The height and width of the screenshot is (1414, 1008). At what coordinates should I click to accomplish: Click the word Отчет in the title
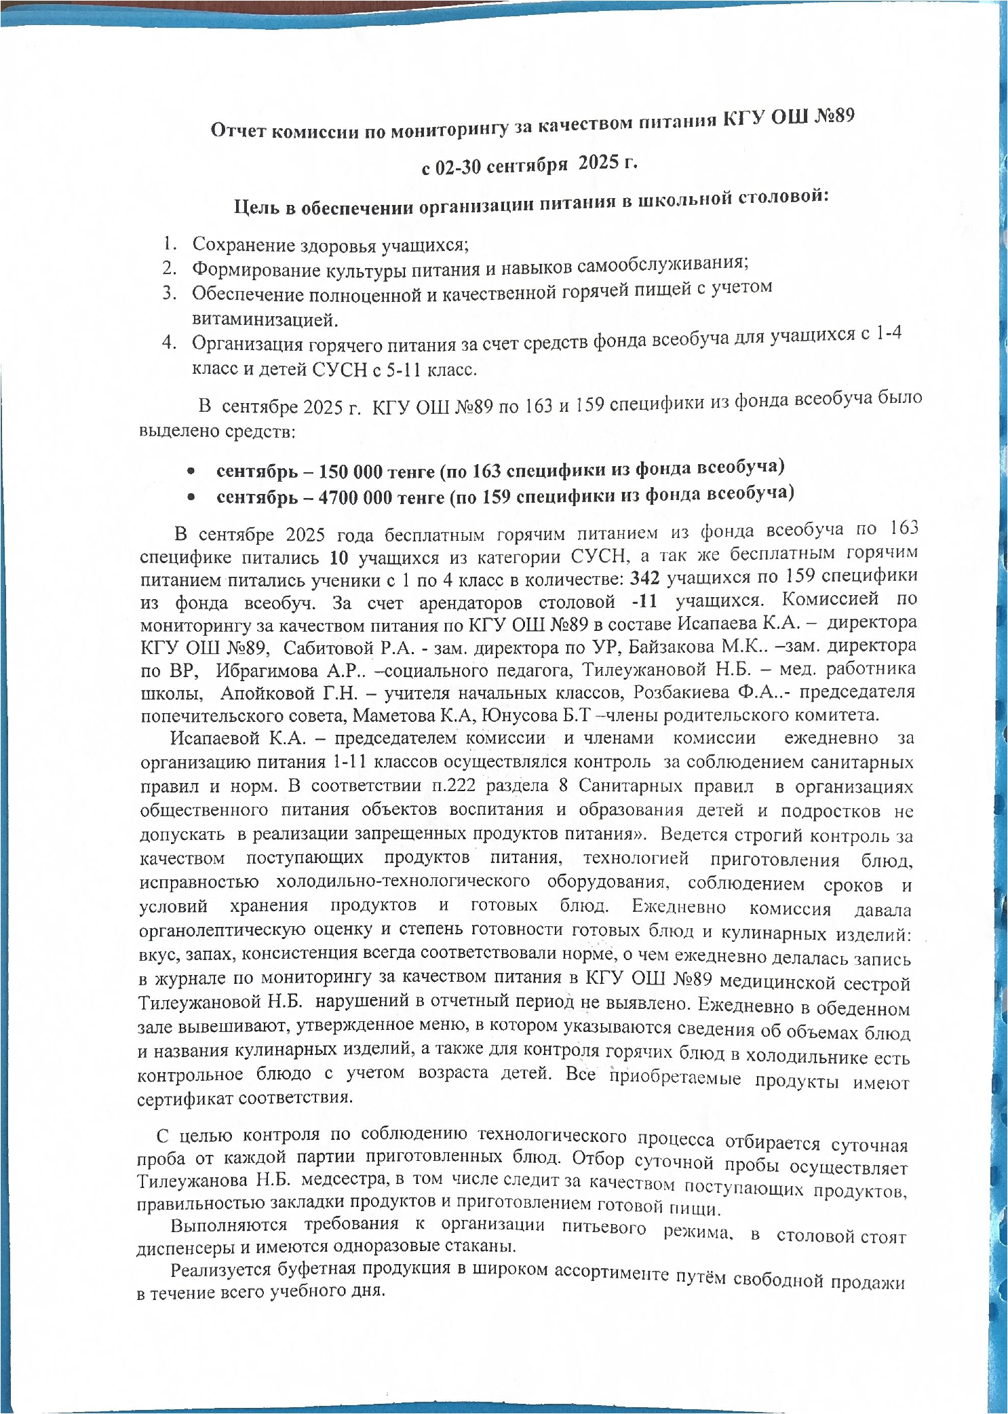(238, 131)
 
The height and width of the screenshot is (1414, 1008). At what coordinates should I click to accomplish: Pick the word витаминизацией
(265, 320)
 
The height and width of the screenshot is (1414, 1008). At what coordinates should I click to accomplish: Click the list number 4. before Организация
(169, 343)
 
